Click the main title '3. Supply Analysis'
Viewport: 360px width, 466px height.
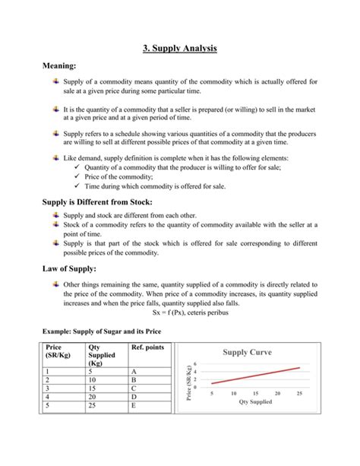tap(180, 48)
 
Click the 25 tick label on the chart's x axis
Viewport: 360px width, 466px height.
tap(300, 393)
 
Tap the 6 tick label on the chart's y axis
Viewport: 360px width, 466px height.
tap(196, 363)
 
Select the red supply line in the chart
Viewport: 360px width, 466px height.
tap(256, 376)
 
